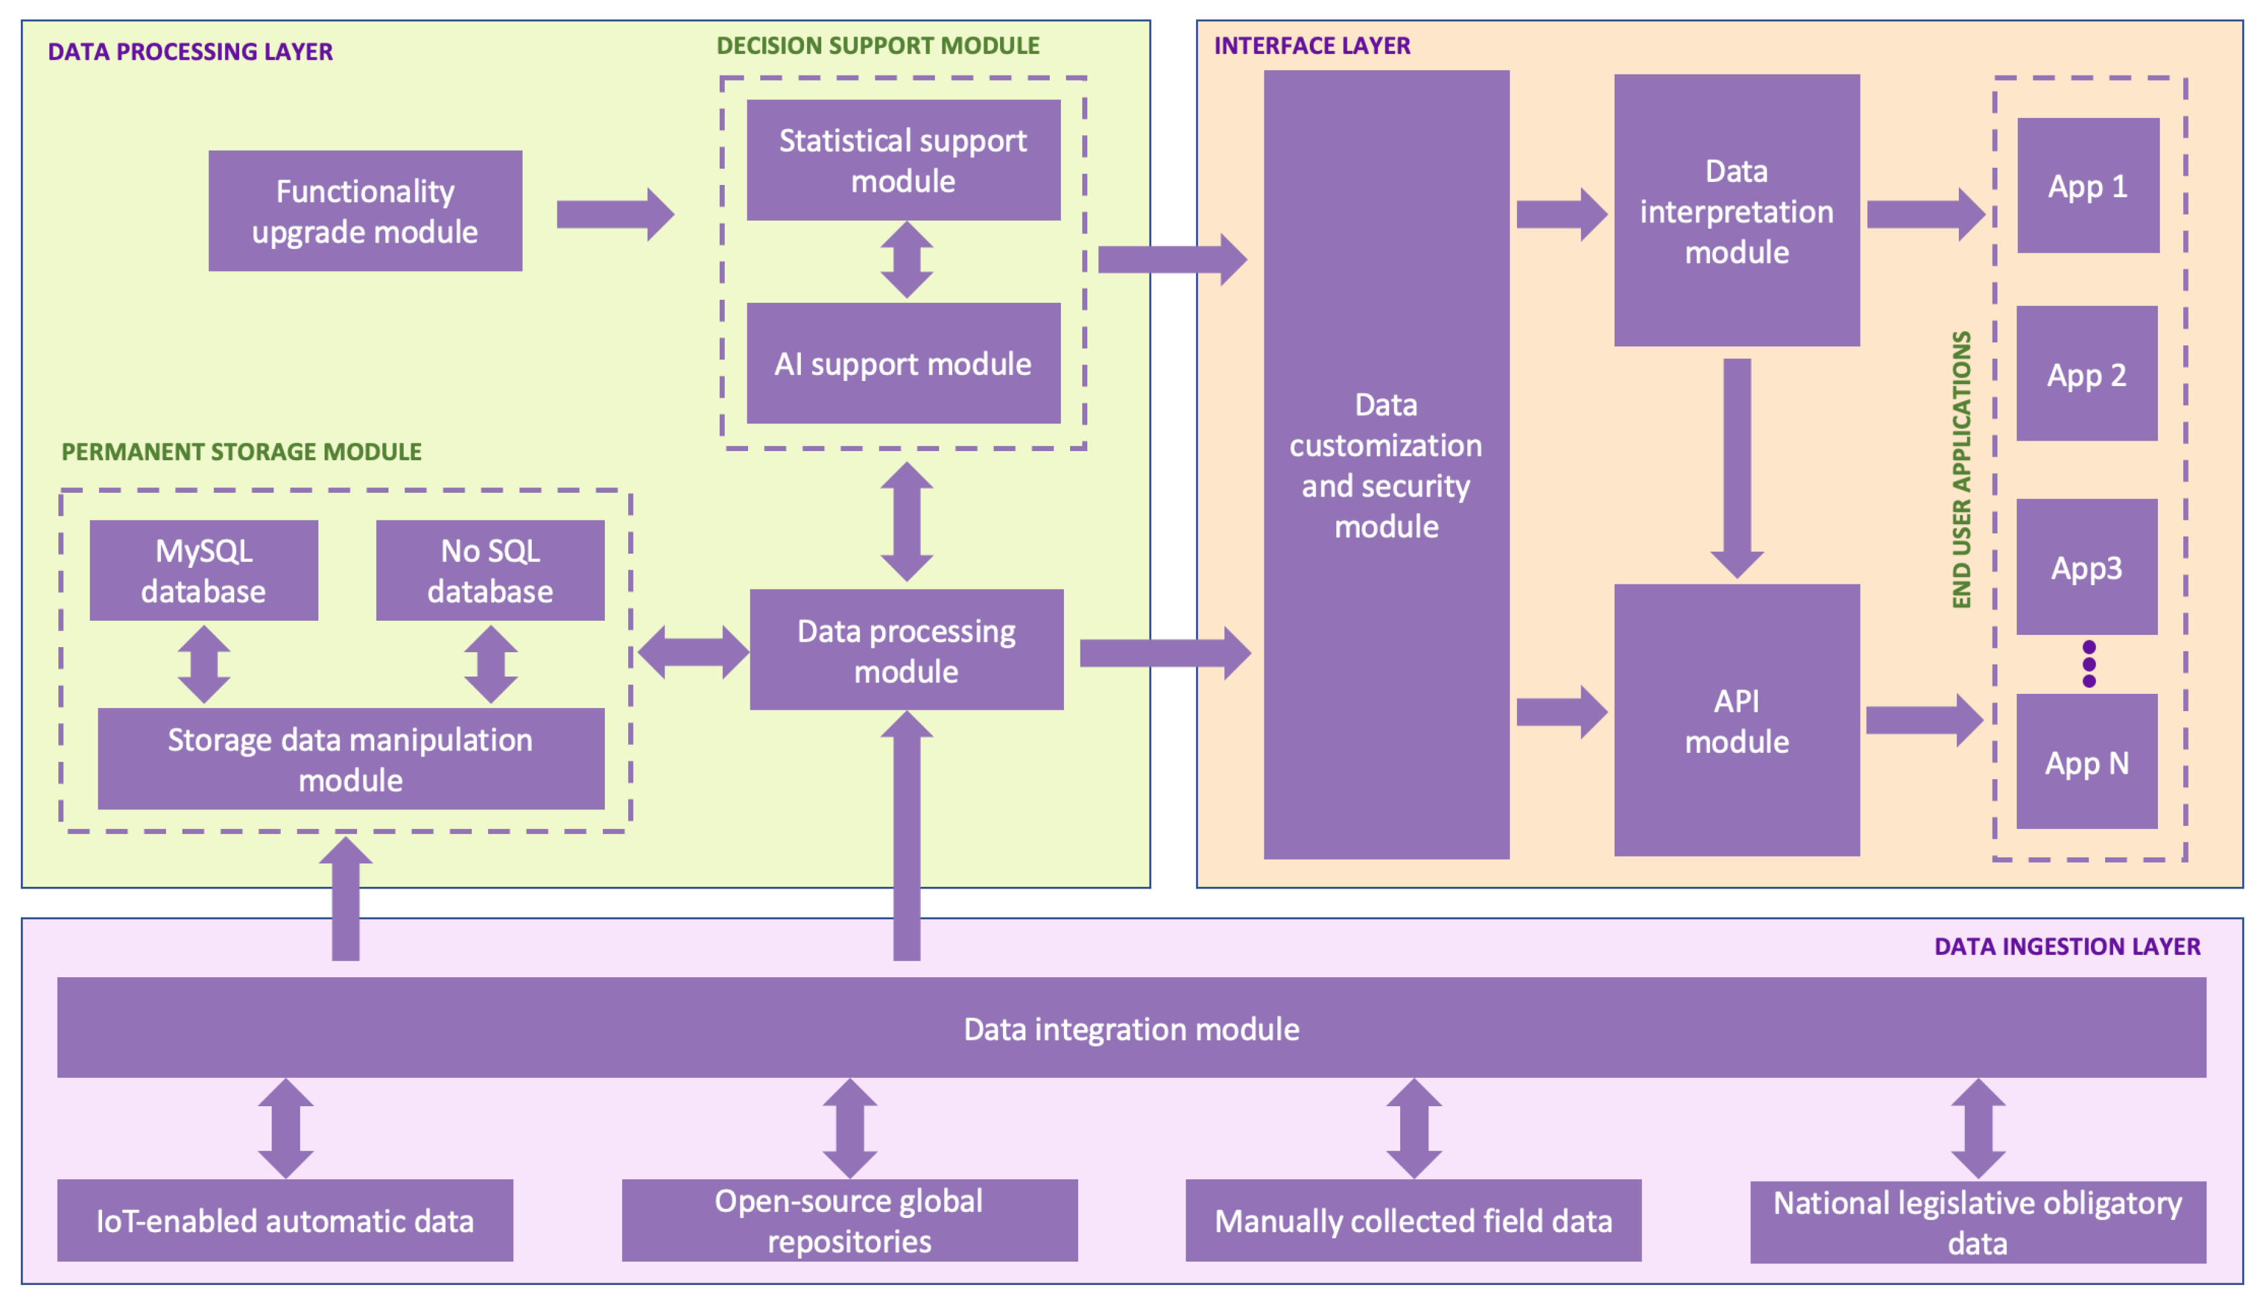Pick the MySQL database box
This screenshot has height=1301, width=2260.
pos(203,570)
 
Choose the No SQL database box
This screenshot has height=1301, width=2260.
pos(490,570)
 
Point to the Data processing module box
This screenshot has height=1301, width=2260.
pos(906,650)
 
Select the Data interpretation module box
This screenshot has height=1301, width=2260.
pos(1736,211)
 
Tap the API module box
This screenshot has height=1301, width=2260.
pos(1736,720)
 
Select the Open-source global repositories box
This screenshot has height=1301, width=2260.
pos(849,1220)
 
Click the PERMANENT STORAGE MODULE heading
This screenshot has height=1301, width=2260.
pos(242,451)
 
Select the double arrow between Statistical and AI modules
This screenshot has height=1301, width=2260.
pos(906,260)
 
